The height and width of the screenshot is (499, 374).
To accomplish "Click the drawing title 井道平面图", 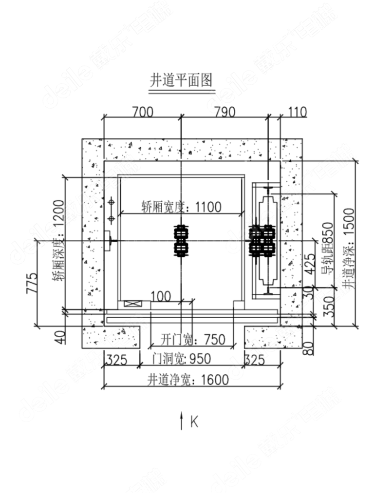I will (181, 80).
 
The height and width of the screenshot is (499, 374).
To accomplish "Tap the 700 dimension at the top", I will (142, 113).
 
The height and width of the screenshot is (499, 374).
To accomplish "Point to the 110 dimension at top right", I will (297, 113).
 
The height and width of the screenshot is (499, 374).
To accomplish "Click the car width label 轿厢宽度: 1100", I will (181, 207).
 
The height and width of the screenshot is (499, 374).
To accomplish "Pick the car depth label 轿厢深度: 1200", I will (58, 241).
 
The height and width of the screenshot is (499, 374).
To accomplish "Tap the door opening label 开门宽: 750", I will (193, 339).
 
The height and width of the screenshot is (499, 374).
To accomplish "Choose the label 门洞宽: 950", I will (181, 359).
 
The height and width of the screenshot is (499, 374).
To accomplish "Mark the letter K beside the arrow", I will (194, 422).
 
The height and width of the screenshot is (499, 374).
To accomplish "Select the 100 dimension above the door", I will (161, 296).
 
